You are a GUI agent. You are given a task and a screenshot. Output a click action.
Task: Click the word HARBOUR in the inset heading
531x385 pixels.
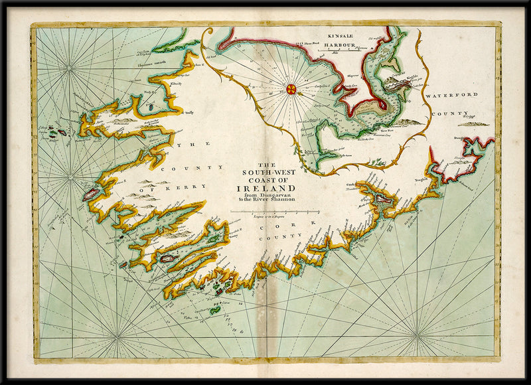(x=339, y=46)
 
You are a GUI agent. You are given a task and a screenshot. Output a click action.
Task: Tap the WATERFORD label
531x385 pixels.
(x=451, y=95)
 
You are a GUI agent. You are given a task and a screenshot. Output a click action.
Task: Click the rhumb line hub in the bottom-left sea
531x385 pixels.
(x=117, y=335)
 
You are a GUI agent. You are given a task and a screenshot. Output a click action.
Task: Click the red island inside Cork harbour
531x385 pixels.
(x=382, y=198)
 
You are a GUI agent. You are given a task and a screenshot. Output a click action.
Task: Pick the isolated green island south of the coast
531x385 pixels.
(x=214, y=309)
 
